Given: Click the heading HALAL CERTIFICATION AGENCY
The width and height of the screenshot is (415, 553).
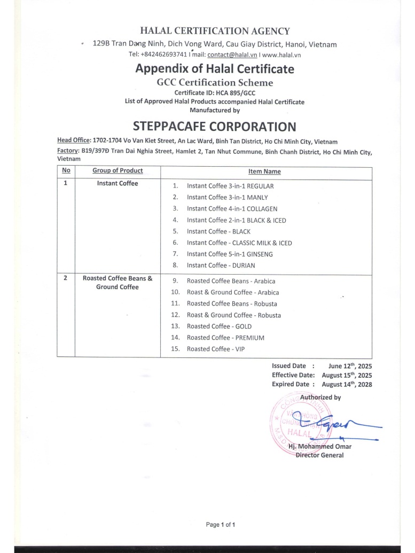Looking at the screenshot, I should click(215, 31).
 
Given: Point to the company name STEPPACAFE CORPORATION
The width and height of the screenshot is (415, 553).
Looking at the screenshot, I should click(214, 127).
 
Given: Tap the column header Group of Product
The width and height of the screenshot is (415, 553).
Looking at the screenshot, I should click(118, 171).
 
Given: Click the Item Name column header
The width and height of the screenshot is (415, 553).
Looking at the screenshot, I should click(264, 172).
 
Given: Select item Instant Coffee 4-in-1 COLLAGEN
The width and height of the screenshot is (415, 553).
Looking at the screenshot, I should click(232, 209).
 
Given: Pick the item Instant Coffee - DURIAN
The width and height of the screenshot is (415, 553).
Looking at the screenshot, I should click(221, 265).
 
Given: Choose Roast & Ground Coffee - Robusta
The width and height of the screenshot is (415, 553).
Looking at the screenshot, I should click(233, 315).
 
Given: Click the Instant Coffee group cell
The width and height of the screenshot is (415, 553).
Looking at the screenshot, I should click(118, 184).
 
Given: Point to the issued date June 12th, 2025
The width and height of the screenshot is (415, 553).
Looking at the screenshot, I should click(350, 366).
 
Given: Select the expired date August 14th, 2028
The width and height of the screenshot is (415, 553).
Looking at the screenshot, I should click(350, 384).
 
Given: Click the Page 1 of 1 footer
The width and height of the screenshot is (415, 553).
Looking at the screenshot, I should click(221, 525).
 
